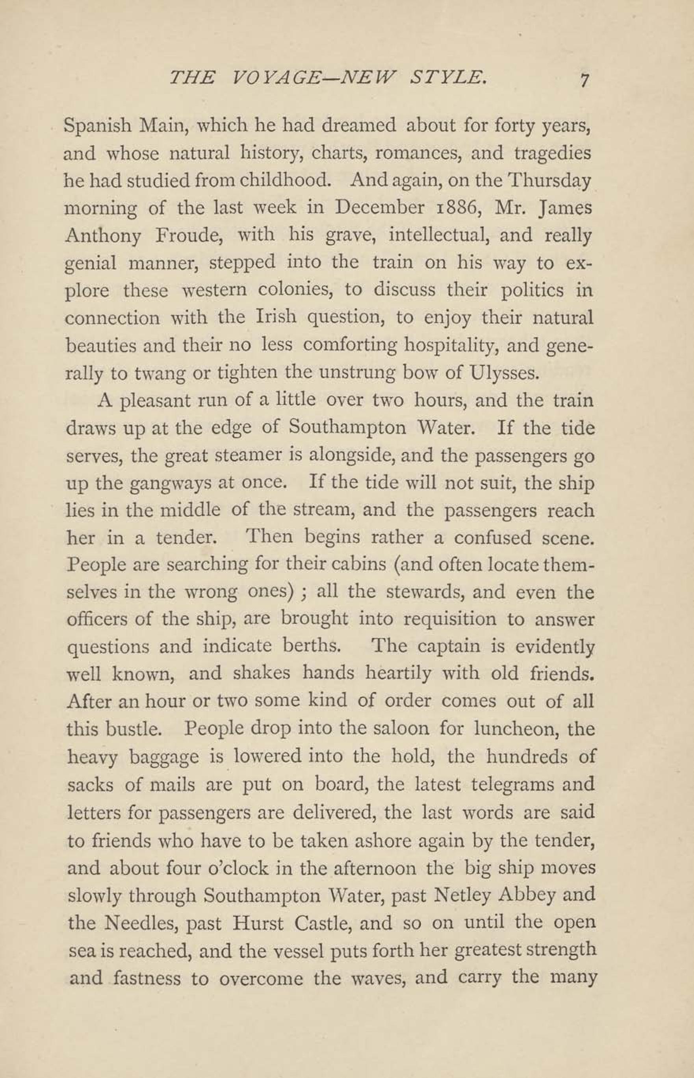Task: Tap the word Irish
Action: point(275,318)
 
